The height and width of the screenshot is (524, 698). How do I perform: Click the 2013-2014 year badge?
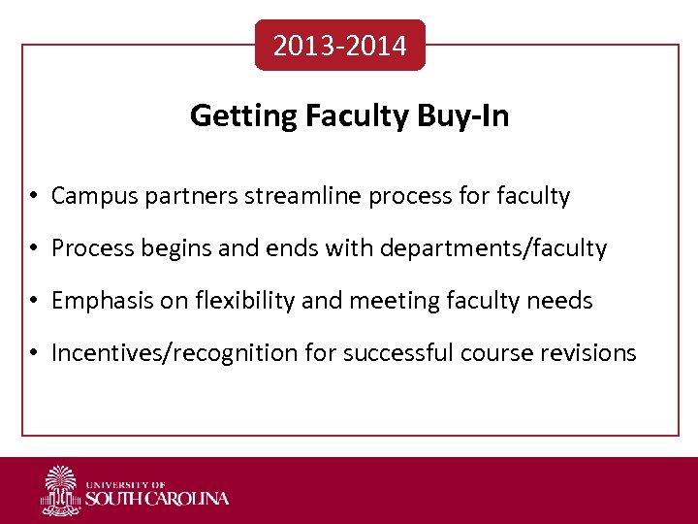(339, 46)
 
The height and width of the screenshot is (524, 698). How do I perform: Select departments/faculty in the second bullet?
(492, 249)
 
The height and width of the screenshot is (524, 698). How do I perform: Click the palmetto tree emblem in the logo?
(60, 490)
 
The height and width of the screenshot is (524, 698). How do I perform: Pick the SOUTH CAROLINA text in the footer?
(157, 499)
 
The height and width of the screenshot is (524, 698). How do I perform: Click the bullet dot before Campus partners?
(33, 197)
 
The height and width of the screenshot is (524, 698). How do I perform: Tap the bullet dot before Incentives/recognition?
(33, 354)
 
